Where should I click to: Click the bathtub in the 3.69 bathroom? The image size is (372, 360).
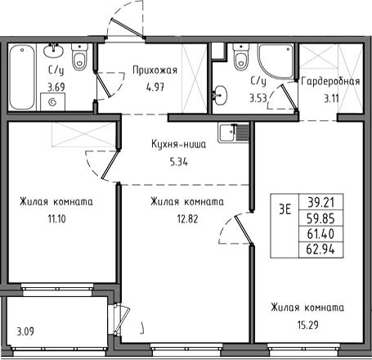(x=22, y=77)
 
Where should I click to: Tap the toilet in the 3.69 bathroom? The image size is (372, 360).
(x=79, y=56)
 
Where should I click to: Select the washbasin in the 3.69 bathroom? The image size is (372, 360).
(x=53, y=51)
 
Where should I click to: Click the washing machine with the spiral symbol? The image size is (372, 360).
(x=53, y=101)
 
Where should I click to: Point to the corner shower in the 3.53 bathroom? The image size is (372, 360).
(x=276, y=61)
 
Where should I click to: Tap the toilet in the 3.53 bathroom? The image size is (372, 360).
(x=241, y=56)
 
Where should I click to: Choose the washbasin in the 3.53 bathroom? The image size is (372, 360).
(x=219, y=96)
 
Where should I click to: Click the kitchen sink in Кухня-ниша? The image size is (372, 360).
(x=234, y=133)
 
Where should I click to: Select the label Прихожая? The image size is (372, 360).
(x=155, y=70)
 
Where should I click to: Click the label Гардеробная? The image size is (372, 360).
(x=330, y=81)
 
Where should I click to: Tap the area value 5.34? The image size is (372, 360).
(x=179, y=162)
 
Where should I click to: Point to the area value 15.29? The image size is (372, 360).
(x=308, y=325)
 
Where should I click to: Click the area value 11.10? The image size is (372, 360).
(x=57, y=218)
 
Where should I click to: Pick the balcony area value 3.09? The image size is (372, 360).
(x=25, y=331)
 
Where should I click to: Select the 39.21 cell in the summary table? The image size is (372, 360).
(x=321, y=202)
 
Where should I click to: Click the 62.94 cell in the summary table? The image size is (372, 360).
(x=321, y=250)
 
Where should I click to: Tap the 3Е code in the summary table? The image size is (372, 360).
(x=285, y=209)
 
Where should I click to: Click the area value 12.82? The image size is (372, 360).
(x=188, y=218)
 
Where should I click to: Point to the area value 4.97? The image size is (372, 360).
(x=155, y=88)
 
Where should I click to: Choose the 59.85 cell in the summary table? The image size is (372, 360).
(x=321, y=218)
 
